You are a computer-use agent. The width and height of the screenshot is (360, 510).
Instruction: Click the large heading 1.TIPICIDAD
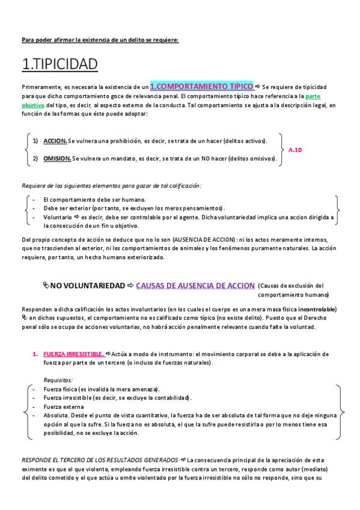pyautogui.click(x=59, y=64)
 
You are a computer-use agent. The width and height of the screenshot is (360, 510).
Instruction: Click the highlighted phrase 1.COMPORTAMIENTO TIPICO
pyautogui.click(x=201, y=86)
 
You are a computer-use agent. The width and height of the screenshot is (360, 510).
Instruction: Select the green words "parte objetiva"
pyautogui.click(x=312, y=96)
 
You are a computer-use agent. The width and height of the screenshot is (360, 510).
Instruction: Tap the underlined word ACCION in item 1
pyautogui.click(x=55, y=141)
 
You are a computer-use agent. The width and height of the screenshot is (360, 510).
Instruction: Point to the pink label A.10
pyautogui.click(x=295, y=149)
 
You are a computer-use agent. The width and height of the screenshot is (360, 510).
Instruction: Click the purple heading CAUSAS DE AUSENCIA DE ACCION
pyautogui.click(x=196, y=285)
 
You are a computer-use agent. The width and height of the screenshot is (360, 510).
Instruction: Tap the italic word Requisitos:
pyautogui.click(x=58, y=380)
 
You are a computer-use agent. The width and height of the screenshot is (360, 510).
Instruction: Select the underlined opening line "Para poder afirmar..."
pyautogui.click(x=100, y=40)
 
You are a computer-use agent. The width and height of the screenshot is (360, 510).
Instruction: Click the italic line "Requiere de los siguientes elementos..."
pyautogui.click(x=112, y=185)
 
